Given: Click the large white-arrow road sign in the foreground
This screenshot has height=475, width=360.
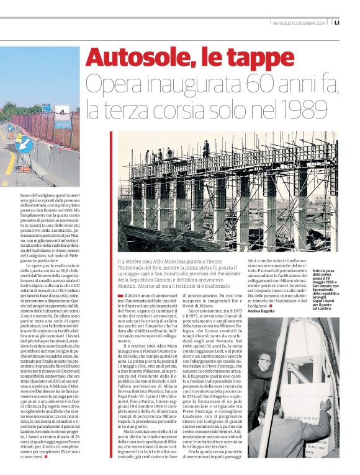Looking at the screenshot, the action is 24,143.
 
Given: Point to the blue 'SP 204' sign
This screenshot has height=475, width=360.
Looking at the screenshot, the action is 63,124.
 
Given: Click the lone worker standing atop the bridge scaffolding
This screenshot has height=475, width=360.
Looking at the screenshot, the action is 205,147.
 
